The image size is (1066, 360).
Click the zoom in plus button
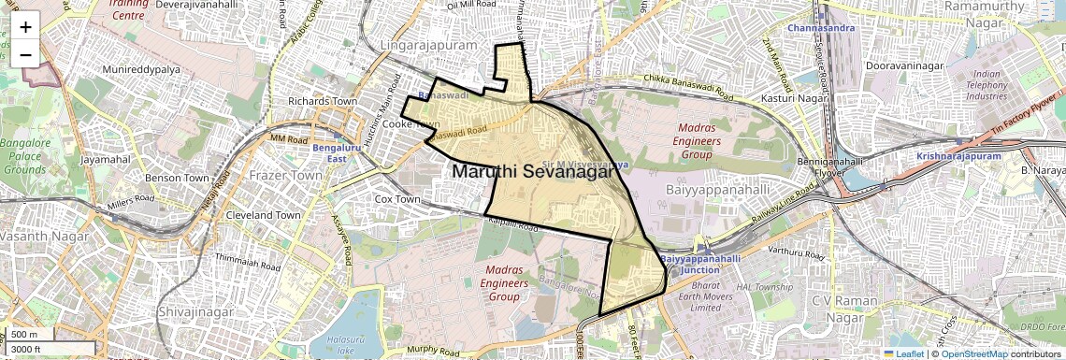pos(25,26)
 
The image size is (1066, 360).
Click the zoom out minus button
pos(25,54)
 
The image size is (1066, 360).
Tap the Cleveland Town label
pos(263,214)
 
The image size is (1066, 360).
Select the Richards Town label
pos(323,101)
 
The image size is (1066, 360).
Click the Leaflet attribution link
pos(903,353)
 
